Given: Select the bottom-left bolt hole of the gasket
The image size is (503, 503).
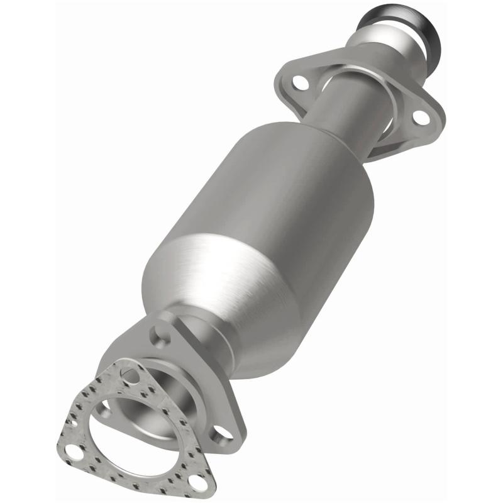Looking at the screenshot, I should [74, 452].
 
